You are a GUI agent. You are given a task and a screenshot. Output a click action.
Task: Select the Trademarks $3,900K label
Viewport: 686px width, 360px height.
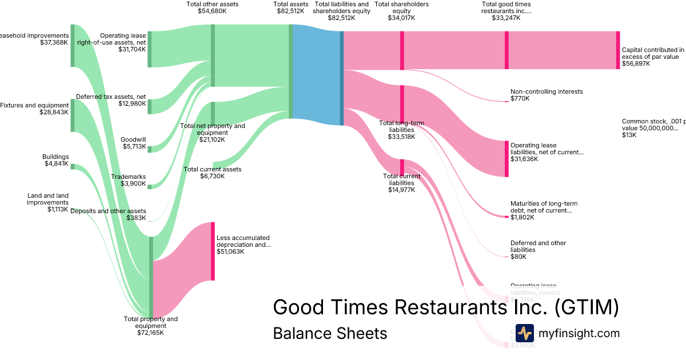pyautogui.click(x=133, y=180)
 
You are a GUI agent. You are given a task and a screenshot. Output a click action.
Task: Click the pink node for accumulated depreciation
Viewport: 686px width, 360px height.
pyautogui.click(x=213, y=251)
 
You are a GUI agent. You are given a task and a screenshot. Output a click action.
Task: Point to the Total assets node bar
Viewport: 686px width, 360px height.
pyautogui.click(x=290, y=71)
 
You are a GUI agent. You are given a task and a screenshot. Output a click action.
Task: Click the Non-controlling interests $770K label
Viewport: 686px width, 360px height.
pyautogui.click(x=546, y=95)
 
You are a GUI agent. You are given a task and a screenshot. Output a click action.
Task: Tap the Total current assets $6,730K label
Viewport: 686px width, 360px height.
pyautogui.click(x=212, y=173)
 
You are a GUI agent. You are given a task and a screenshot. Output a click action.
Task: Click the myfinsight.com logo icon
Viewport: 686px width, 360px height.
pyautogui.click(x=524, y=333)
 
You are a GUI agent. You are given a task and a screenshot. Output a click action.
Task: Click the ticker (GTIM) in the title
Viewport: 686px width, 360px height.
pyautogui.click(x=587, y=307)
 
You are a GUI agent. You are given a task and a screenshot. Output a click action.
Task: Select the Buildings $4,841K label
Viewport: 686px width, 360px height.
pyautogui.click(x=55, y=160)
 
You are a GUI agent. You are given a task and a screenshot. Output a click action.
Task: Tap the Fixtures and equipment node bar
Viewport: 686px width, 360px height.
pyautogui.click(x=73, y=115)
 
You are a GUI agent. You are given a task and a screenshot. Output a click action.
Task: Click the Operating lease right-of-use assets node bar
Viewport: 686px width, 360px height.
pyautogui.click(x=150, y=50)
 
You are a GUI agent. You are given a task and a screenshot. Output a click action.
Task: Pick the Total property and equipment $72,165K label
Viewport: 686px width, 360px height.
pyautogui.click(x=151, y=326)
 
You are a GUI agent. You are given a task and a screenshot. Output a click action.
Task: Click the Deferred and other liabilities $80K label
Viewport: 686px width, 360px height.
pyautogui.click(x=538, y=250)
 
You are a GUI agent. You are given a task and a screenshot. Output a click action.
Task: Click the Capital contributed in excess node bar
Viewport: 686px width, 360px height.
pyautogui.click(x=617, y=50)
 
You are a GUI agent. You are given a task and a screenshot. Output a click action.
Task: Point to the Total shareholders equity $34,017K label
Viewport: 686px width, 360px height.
pyautogui.click(x=401, y=11)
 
